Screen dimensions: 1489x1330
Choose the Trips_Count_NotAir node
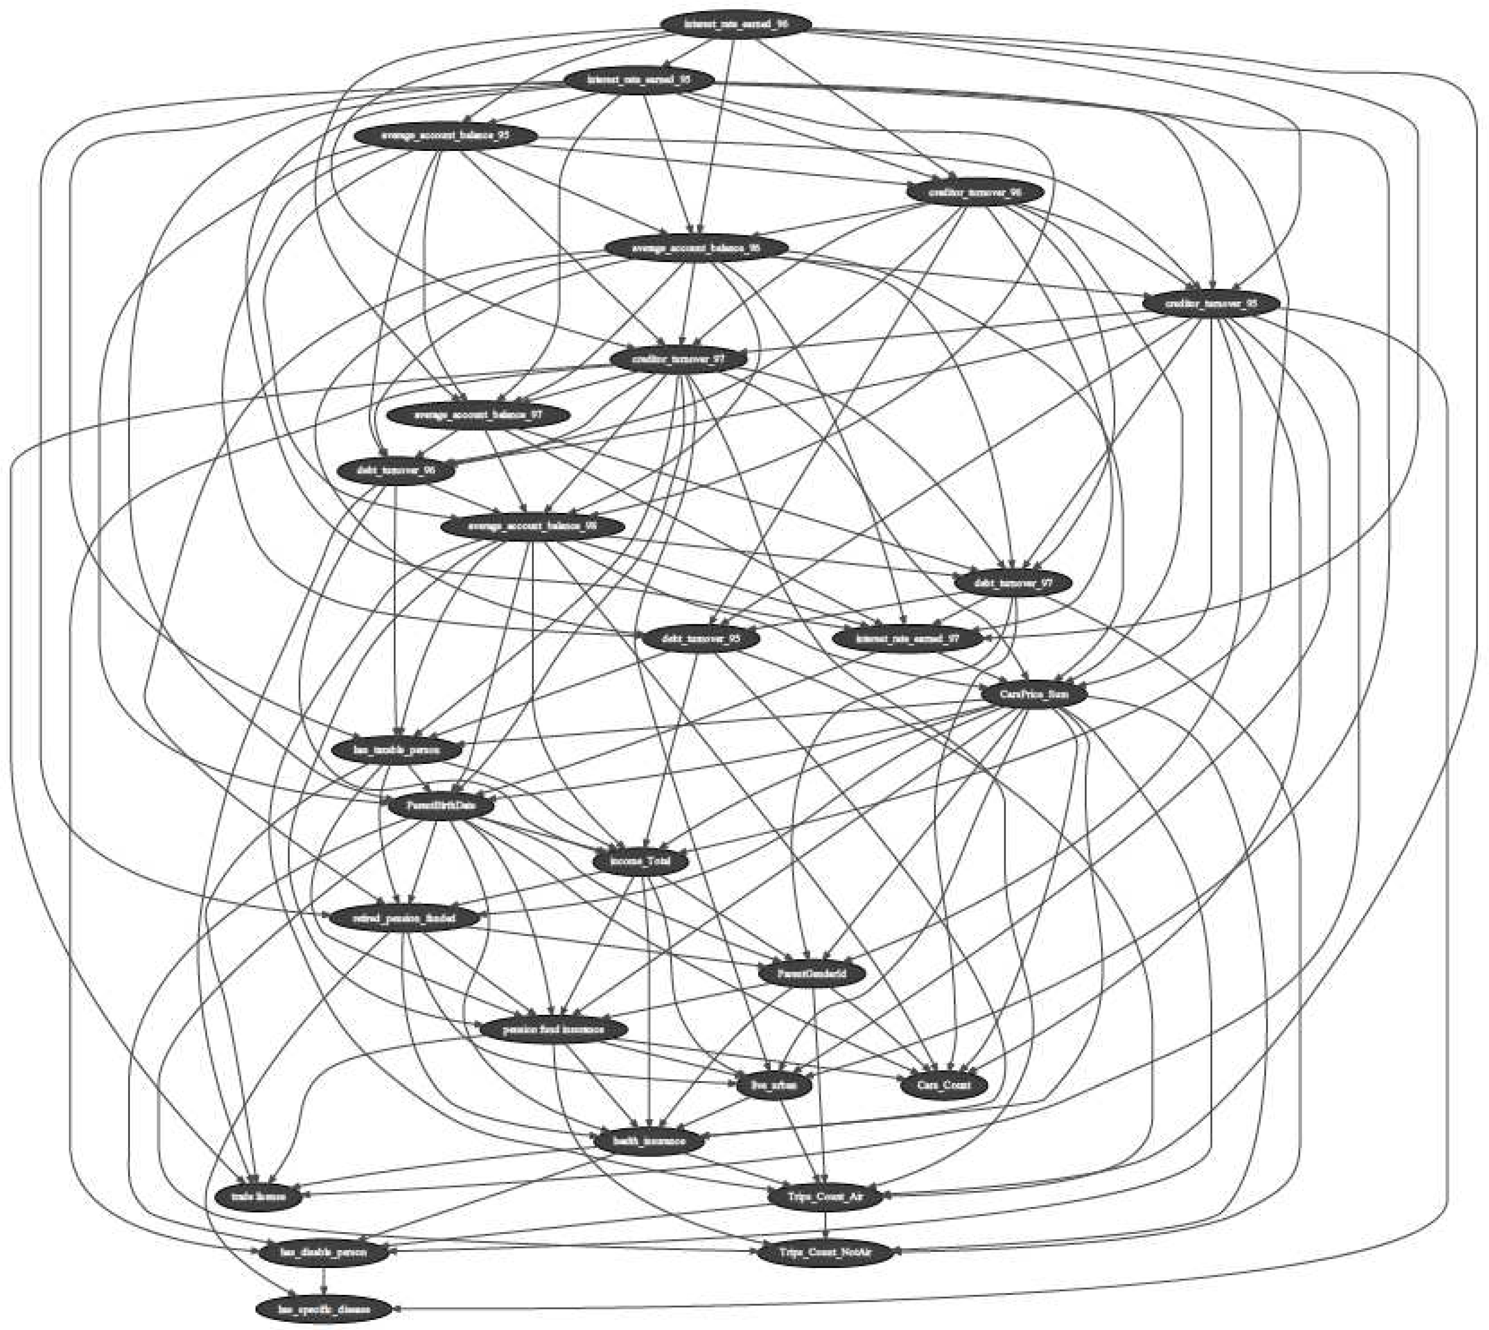tap(824, 1252)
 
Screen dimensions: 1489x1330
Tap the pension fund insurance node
tap(554, 1030)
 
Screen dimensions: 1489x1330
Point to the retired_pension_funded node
tap(404, 918)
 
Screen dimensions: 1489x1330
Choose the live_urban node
tap(773, 1085)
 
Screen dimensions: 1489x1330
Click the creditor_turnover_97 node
tap(678, 359)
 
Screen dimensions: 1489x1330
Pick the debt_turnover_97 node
tap(1013, 582)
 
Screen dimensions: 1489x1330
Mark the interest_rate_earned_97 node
tap(908, 638)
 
